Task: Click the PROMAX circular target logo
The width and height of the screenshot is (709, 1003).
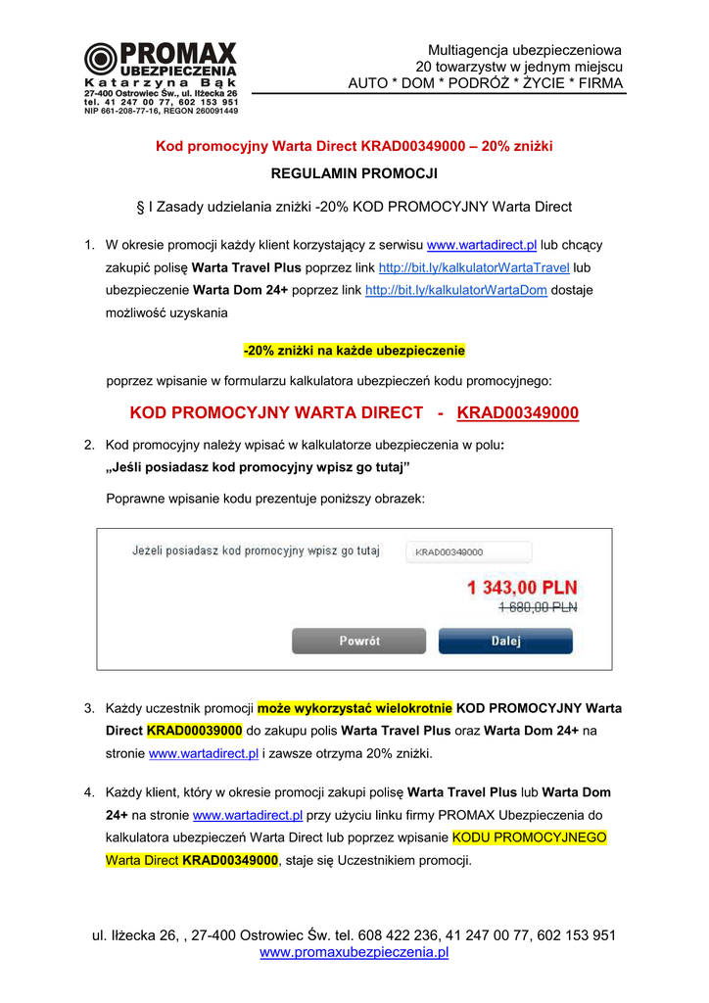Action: tap(100, 60)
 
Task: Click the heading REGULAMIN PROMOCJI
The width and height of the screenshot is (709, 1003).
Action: tap(354, 173)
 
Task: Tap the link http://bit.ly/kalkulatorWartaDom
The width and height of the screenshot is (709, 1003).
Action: tap(455, 290)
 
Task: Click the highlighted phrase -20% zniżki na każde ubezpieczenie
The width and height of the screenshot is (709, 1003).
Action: tap(354, 350)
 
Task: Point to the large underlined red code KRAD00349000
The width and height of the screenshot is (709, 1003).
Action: tap(518, 413)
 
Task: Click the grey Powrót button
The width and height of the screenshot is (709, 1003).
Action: tap(359, 641)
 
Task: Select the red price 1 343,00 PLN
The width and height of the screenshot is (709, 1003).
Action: tap(522, 588)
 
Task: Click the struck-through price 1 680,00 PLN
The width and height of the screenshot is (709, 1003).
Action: tap(538, 607)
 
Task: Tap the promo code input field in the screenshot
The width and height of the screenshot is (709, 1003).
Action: tap(468, 551)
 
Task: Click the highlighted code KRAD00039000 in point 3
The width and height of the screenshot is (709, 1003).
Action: tap(194, 731)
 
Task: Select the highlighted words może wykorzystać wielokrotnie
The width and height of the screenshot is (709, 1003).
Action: tap(354, 707)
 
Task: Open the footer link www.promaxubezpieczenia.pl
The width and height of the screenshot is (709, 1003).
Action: tap(354, 952)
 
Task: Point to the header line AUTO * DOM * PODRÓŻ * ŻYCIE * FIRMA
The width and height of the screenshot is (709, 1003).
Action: tap(485, 83)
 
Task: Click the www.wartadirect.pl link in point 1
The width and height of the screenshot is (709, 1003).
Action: tap(482, 245)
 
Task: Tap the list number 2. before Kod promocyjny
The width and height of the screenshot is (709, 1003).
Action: tap(89, 445)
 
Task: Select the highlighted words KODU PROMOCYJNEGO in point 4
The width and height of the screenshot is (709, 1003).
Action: tap(529, 837)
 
